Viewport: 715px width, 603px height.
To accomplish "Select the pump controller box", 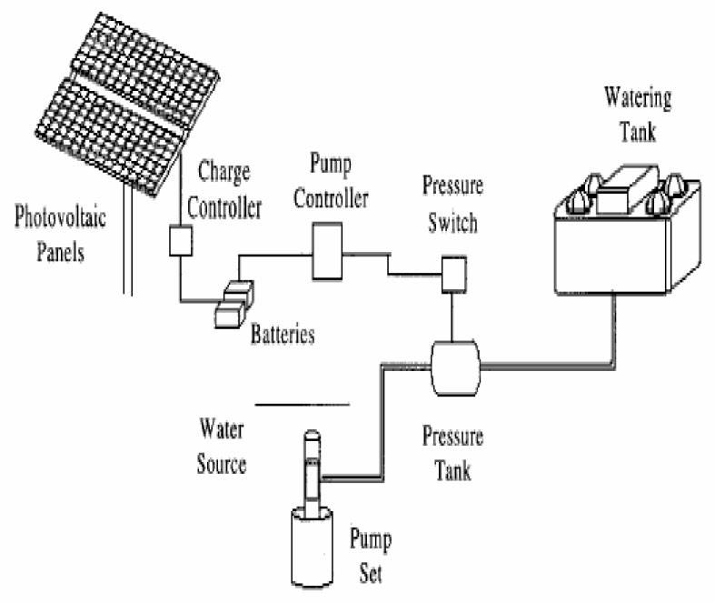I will pyautogui.click(x=326, y=252).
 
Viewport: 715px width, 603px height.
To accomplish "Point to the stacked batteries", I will pyautogui.click(x=234, y=305).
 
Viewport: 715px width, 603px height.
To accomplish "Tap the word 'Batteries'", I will pyautogui.click(x=283, y=334).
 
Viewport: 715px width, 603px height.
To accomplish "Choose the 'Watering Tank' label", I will pyautogui.click(x=639, y=114).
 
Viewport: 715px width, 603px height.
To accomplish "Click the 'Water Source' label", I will pyautogui.click(x=223, y=445).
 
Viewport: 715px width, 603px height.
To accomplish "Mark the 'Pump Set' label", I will pyautogui.click(x=371, y=556).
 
